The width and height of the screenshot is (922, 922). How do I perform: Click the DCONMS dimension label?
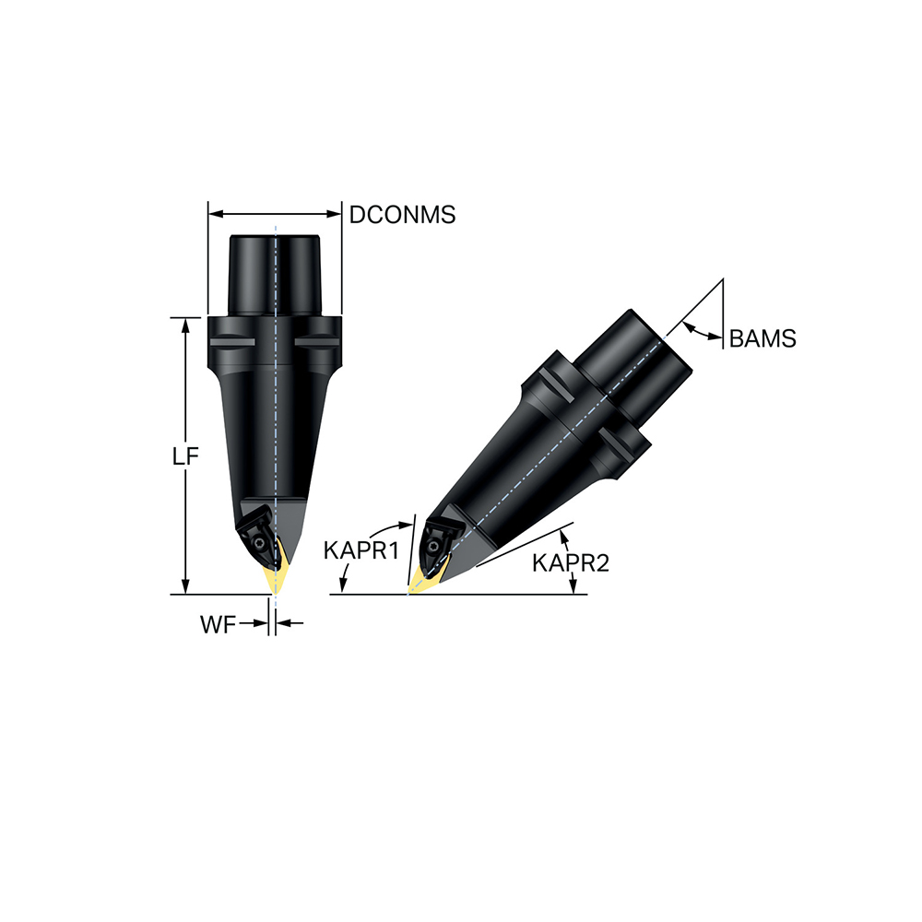402,215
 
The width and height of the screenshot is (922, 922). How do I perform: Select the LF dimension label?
186,458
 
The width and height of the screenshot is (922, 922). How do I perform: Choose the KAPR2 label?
571,562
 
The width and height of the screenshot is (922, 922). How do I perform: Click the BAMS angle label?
762,338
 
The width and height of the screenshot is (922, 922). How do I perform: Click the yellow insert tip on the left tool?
276,579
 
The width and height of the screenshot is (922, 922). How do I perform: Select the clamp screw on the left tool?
261,545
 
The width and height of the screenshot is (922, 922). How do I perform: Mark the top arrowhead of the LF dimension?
186,324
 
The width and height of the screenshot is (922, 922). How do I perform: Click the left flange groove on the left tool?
231,344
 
